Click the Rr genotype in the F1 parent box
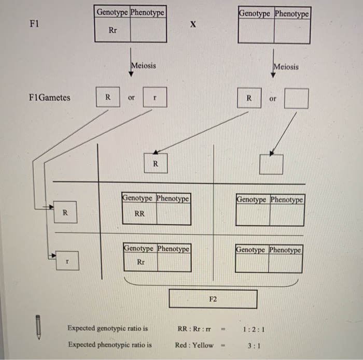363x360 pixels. [113, 31]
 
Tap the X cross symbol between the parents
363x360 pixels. [193, 24]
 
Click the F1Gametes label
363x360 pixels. [50, 97]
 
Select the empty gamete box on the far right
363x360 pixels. [296, 98]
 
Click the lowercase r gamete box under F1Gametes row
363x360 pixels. [155, 97]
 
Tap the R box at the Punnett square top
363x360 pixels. [155, 164]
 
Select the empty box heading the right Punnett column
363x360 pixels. [272, 164]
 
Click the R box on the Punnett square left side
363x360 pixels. [65, 212]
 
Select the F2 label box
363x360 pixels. [213, 299]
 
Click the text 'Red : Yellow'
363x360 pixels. [194, 344]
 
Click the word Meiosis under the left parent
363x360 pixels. [144, 66]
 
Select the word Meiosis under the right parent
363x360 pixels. [286, 66]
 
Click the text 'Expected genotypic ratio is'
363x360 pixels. [107, 328]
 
